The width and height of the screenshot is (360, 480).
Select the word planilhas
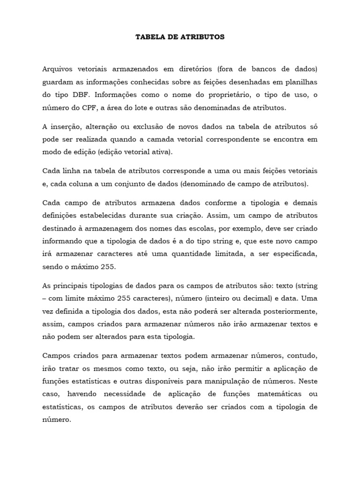click(300, 82)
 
